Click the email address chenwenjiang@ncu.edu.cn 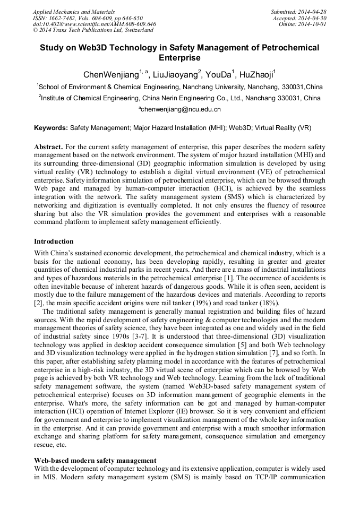(x=179, y=109)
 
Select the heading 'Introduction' (x=54, y=241)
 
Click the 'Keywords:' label (x=51, y=128)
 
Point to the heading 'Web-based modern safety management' (x=95, y=461)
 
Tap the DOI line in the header (x=94, y=24)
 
